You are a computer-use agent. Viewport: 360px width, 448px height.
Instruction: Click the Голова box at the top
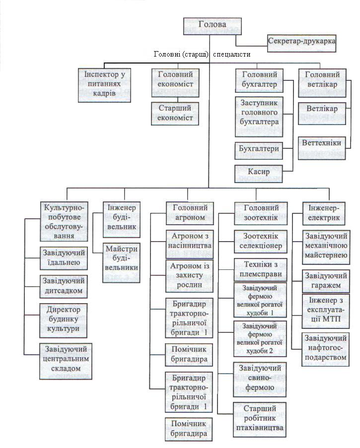212,25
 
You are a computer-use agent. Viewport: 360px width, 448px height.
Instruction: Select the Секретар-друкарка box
301,41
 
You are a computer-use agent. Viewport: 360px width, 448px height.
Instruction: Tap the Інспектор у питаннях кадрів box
103,84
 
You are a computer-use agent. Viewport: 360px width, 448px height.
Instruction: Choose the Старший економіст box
175,113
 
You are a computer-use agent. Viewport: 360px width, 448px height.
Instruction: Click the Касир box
259,172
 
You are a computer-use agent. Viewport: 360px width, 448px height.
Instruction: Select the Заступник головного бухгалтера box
259,117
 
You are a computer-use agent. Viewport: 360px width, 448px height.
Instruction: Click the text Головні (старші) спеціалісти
202,54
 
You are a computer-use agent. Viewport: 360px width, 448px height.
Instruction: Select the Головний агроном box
189,213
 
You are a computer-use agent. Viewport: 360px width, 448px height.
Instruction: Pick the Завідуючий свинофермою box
260,379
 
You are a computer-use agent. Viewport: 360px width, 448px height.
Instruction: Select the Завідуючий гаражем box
325,281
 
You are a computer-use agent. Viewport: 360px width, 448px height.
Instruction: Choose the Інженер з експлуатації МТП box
325,311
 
